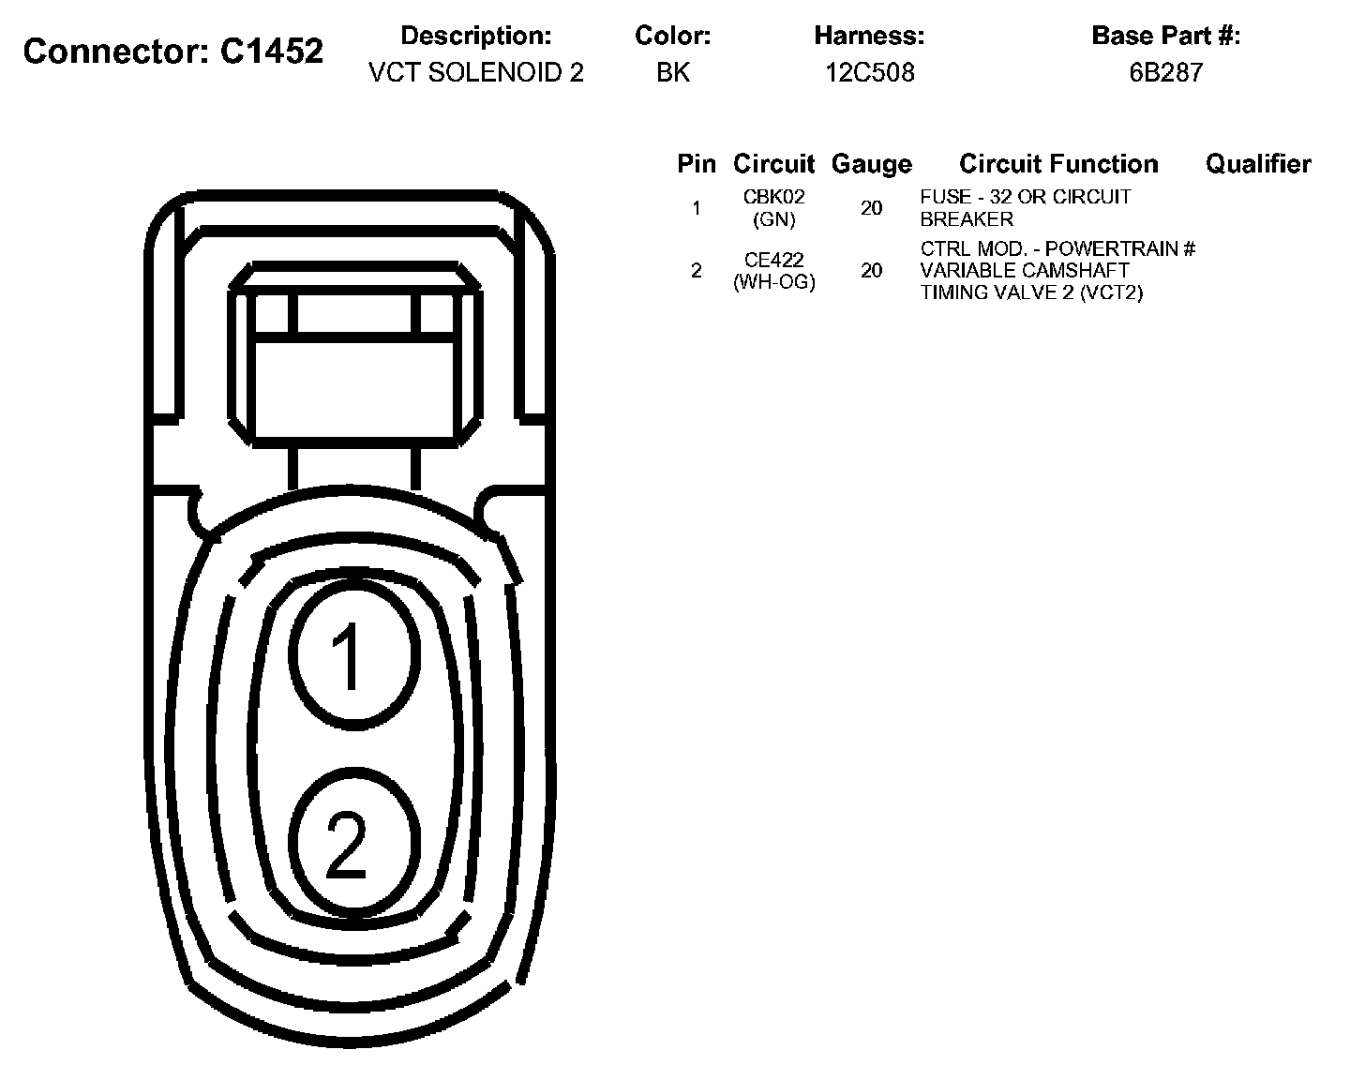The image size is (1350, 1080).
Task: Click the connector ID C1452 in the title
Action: pyautogui.click(x=272, y=51)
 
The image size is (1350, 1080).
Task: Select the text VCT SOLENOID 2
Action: pyautogui.click(x=476, y=73)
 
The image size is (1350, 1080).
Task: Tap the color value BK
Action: pyautogui.click(x=673, y=73)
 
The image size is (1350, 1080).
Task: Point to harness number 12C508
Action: pyautogui.click(x=869, y=73)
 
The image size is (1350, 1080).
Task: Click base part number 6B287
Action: pyautogui.click(x=1166, y=73)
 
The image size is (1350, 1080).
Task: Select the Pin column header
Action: pyautogui.click(x=697, y=164)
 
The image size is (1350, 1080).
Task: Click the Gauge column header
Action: pyautogui.click(x=871, y=164)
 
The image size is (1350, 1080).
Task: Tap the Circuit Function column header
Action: pyautogui.click(x=1058, y=164)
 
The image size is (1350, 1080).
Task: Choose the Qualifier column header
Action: pyautogui.click(x=1258, y=164)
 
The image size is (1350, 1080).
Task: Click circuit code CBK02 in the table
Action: pyautogui.click(x=774, y=197)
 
